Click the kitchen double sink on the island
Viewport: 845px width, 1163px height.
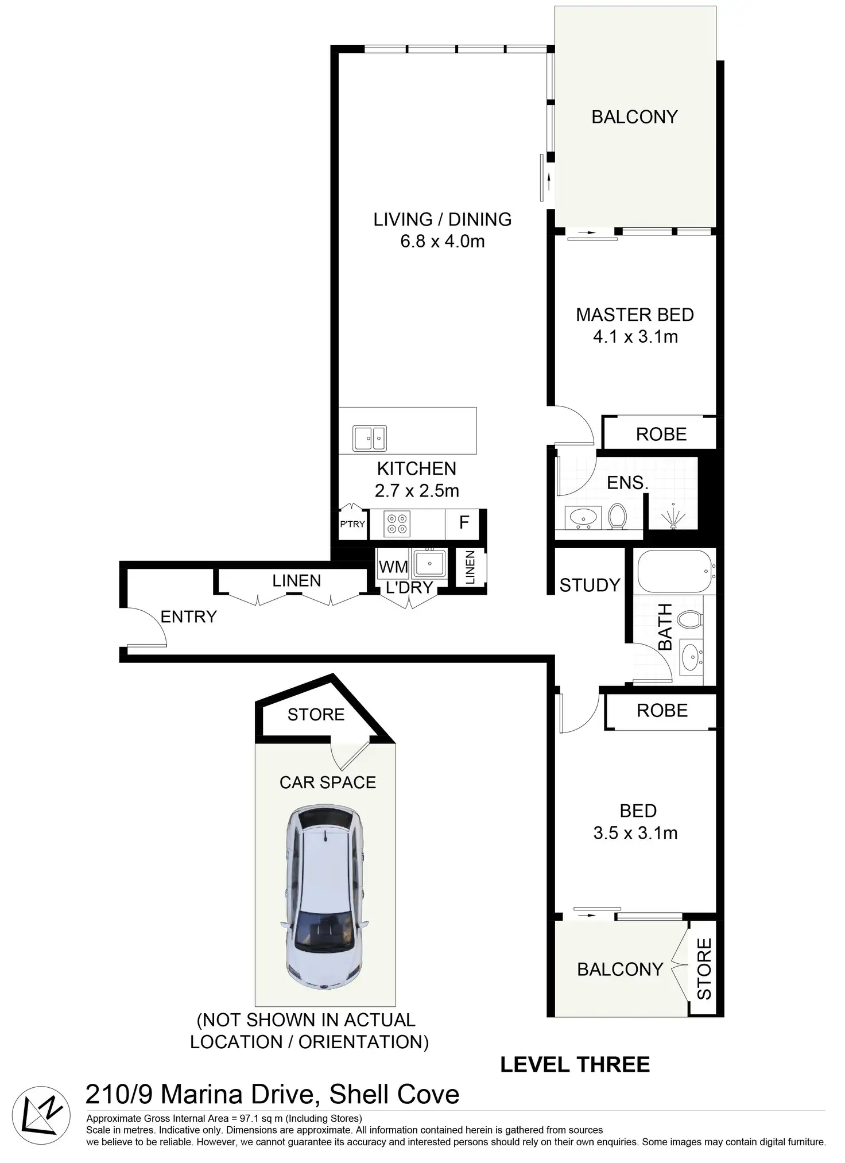tap(369, 439)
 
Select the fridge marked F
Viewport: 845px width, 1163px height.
tap(464, 522)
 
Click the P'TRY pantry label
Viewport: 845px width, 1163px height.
tap(352, 524)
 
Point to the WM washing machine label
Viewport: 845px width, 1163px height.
tap(393, 567)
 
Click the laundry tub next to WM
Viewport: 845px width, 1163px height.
tap(429, 563)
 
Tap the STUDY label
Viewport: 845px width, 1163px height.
tap(590, 586)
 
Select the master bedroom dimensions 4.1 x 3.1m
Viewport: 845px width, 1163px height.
tap(635, 337)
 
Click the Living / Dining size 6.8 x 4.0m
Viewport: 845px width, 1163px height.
tap(442, 242)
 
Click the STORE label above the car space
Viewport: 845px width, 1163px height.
tap(316, 715)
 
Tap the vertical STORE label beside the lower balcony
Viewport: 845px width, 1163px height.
tap(704, 969)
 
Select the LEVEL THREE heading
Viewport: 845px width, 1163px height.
tap(575, 1065)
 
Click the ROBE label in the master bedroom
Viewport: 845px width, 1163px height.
tap(661, 435)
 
